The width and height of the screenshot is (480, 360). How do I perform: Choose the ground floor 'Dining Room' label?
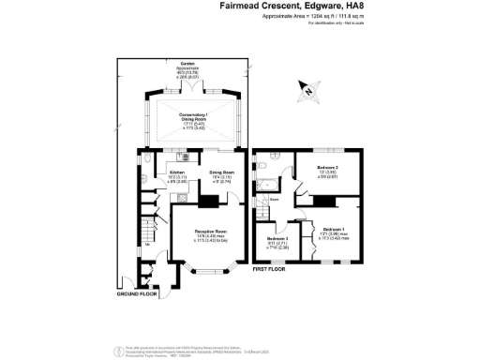coord(221,172)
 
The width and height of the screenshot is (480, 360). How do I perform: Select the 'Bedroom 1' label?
coord(334,230)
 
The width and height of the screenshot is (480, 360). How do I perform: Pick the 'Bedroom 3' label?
coord(277,239)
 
